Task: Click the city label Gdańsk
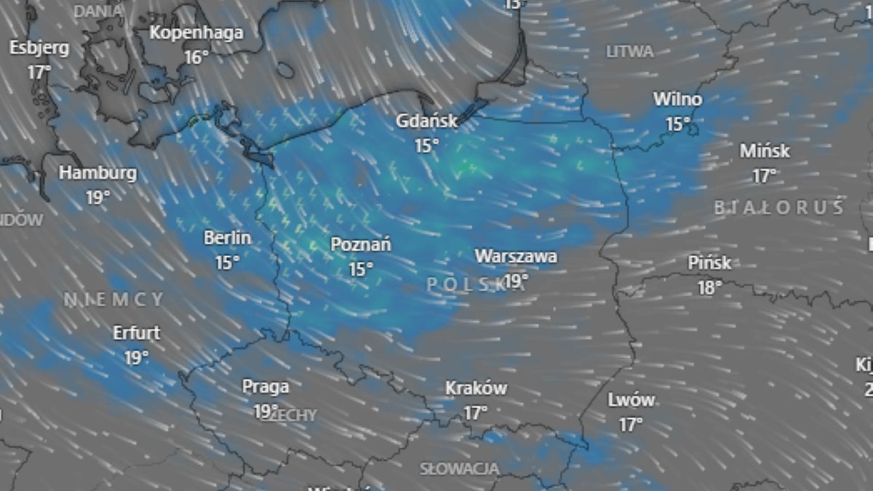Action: (426, 121)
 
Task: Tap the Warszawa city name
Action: (516, 256)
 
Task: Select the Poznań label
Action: (360, 244)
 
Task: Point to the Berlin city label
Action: (227, 238)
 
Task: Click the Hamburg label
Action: (97, 173)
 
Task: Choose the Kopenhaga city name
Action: (196, 33)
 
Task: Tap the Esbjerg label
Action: (39, 48)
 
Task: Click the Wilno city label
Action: (677, 99)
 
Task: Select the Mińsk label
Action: (765, 151)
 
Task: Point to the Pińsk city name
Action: (709, 263)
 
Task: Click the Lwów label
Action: (631, 400)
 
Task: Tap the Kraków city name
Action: (476, 388)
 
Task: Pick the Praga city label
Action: (266, 386)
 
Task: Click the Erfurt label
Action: (136, 333)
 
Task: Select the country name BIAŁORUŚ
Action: (778, 208)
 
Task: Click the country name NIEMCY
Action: (113, 299)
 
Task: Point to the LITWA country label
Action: (630, 52)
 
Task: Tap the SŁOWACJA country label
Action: (460, 468)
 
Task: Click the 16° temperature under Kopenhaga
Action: (196, 57)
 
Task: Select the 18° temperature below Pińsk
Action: (709, 287)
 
